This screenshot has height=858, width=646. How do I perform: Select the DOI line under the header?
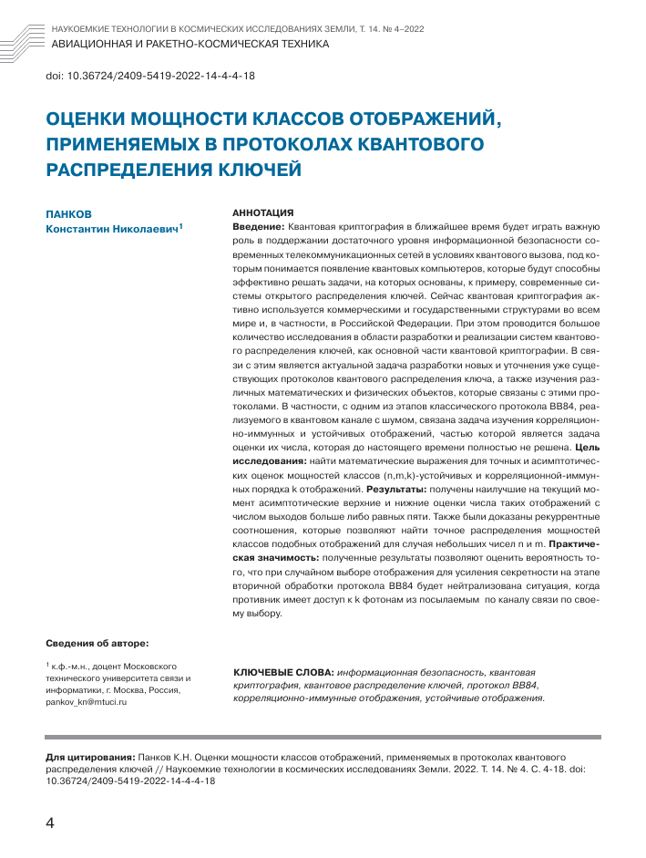tap(149, 77)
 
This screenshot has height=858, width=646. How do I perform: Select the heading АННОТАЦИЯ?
tap(263, 211)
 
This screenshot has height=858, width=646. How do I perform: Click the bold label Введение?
tap(260, 225)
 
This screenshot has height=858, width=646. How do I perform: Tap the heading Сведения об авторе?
tap(97, 644)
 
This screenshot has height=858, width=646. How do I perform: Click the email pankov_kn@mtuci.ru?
tap(89, 703)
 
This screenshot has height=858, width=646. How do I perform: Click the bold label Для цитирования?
tap(89, 757)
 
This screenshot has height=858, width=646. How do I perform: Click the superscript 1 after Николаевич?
tap(181, 226)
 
